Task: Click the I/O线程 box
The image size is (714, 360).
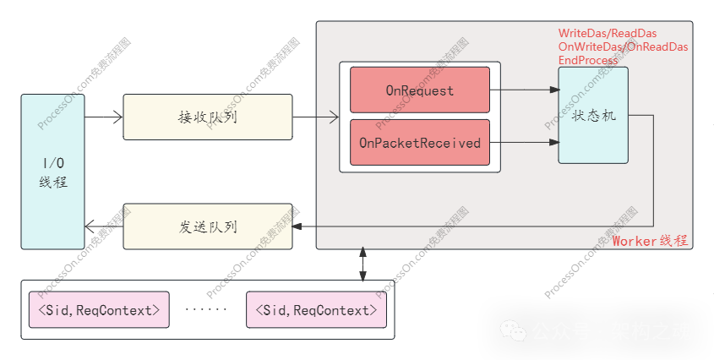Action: coord(52,172)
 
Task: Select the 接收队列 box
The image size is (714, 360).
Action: coord(208,117)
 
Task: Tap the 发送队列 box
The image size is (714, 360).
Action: coord(208,226)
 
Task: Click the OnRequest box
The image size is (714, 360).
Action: coord(420,90)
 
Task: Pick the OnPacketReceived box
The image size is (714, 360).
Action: coord(420,143)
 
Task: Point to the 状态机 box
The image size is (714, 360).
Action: coord(593,116)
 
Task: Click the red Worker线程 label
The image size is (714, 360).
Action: coord(650,241)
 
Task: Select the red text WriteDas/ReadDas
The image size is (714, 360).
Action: coord(608,33)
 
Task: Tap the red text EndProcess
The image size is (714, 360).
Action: coord(590,60)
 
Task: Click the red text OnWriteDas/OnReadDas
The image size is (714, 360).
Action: coord(623,46)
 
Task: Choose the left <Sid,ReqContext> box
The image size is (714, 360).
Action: coord(99,310)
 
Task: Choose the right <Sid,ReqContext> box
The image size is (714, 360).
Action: coord(316,310)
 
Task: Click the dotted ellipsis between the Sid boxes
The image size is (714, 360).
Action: coord(206,310)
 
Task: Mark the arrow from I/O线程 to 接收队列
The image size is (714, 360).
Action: coord(104,117)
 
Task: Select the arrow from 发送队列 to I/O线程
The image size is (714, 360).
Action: coord(104,226)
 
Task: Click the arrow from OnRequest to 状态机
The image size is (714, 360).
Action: coord(524,89)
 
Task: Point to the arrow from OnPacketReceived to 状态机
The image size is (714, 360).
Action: coord(524,143)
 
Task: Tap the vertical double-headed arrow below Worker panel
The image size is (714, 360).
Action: coord(362,264)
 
